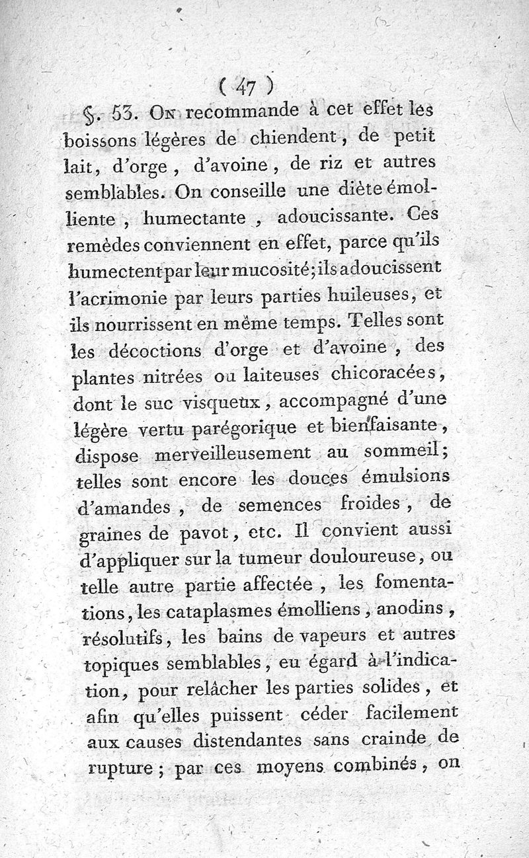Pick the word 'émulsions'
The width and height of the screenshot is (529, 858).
point(405,477)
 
